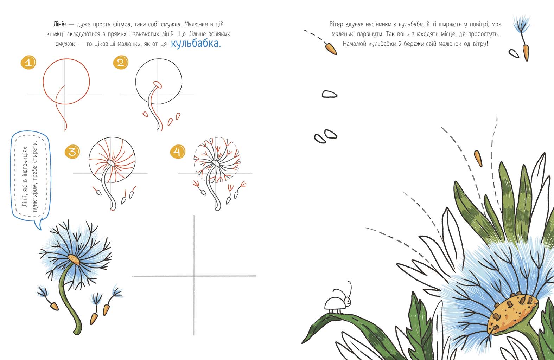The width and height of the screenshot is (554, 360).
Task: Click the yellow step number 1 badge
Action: pos(28,62)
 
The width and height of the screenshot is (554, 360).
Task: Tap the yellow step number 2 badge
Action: pos(121,62)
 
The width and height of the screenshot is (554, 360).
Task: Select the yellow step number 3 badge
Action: pos(72,152)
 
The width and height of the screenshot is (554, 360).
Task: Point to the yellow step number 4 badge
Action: pos(178,152)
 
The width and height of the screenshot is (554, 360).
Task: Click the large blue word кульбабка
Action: pos(196,44)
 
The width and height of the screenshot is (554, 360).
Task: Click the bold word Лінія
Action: pos(59,24)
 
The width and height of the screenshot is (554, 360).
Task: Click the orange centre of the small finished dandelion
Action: pos(74,259)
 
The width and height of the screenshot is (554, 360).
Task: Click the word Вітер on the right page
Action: pos(336,24)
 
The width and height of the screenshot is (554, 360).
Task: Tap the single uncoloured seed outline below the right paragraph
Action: pos(330,94)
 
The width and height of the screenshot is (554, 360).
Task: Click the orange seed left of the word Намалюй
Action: pos(331,49)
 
